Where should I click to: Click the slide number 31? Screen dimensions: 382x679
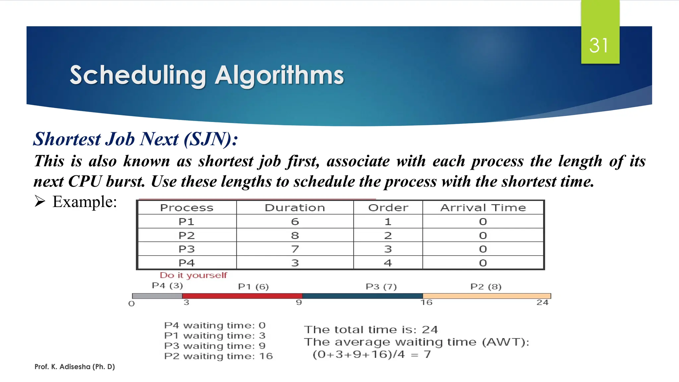coord(599,45)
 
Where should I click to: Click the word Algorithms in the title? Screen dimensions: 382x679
coord(279,75)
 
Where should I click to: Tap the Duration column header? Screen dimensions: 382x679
coord(295,208)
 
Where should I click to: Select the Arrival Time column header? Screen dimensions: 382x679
coord(483,208)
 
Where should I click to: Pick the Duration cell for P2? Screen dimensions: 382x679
coord(295,235)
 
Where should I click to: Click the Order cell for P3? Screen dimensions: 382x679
coord(388,249)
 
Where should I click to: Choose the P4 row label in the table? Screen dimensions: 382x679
coord(186,263)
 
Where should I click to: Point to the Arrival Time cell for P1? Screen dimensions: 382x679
coord(483,222)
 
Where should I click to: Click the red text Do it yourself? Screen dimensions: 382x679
coord(193,275)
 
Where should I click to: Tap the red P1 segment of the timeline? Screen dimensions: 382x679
coord(242,296)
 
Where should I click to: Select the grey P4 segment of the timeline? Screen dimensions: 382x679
coord(157,296)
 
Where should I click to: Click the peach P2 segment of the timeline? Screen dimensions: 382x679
coord(486,296)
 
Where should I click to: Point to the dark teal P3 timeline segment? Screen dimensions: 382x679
coord(362,296)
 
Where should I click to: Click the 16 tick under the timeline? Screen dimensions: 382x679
coord(426,302)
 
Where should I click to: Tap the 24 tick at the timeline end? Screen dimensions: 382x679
coord(542,302)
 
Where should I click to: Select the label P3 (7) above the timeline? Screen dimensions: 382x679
coord(381,286)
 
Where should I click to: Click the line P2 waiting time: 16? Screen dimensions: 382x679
coord(218,356)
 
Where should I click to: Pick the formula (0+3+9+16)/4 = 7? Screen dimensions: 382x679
coord(372,354)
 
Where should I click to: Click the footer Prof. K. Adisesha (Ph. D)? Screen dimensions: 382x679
coord(75,367)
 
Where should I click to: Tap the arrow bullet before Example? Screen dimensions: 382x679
coord(40,201)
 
